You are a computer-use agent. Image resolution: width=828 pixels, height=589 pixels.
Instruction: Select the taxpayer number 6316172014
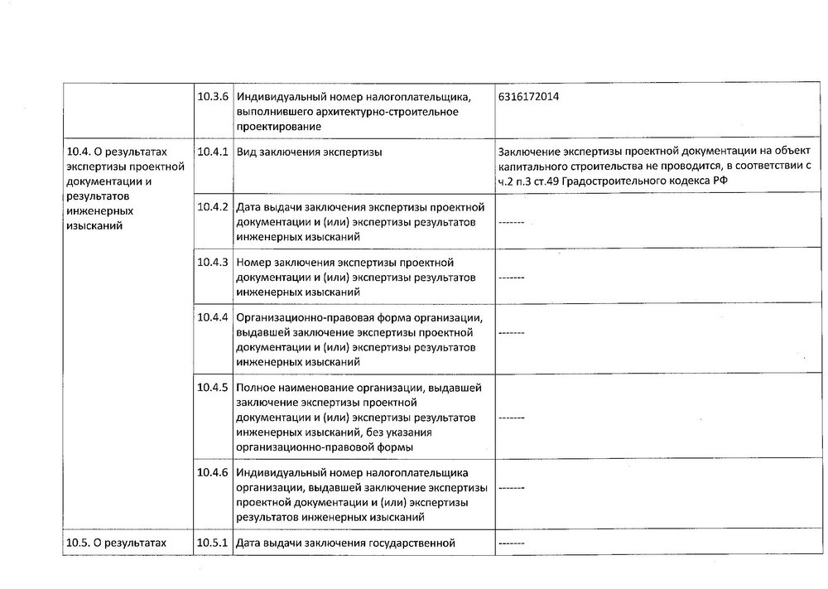pyautogui.click(x=528, y=97)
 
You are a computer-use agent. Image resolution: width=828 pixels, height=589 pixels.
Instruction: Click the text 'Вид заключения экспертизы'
pyautogui.click(x=309, y=152)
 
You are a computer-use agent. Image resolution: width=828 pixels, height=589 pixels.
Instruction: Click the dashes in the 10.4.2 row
pyautogui.click(x=512, y=222)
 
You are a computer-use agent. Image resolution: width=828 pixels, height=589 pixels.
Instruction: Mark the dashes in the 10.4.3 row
pyautogui.click(x=512, y=278)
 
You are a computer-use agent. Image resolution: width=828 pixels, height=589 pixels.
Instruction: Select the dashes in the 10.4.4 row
pyautogui.click(x=512, y=333)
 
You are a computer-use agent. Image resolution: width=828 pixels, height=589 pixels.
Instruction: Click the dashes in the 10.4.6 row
pyautogui.click(x=512, y=489)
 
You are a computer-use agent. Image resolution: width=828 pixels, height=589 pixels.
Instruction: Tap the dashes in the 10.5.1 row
pyautogui.click(x=512, y=544)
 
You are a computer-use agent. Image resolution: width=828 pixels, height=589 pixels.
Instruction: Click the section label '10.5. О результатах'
pyautogui.click(x=115, y=543)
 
